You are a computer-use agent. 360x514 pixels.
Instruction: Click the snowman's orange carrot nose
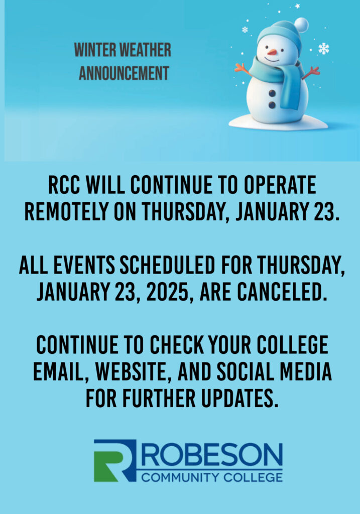pos(272,52)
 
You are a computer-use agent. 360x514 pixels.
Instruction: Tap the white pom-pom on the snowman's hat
pos(301,25)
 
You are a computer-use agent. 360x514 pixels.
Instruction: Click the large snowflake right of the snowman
pos(324,49)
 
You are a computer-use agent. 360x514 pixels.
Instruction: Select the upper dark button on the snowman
pos(273,93)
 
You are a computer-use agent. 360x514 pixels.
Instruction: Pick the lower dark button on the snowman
pos(272,105)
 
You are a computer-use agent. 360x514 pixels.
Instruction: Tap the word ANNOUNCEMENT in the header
pos(124,73)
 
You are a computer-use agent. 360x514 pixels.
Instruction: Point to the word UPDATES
pos(239,398)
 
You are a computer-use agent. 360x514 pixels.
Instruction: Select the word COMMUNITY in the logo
pos(180,477)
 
